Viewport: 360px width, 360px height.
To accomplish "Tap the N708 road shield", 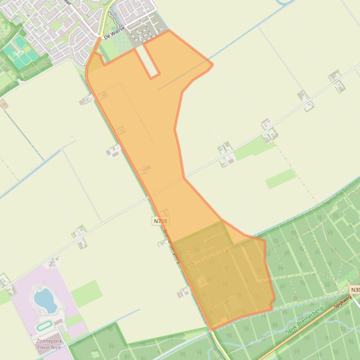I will tap(161, 221).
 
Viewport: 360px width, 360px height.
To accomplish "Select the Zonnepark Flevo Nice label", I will tap(49, 344).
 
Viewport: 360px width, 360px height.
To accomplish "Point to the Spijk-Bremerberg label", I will tap(305, 320).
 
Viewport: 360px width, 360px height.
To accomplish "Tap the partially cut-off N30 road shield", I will tap(355, 290).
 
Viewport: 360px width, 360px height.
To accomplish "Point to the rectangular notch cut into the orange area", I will tap(150, 61).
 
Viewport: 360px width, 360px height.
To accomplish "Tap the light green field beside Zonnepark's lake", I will tap(87, 292).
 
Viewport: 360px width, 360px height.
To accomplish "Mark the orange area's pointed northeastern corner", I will tap(213, 65).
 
